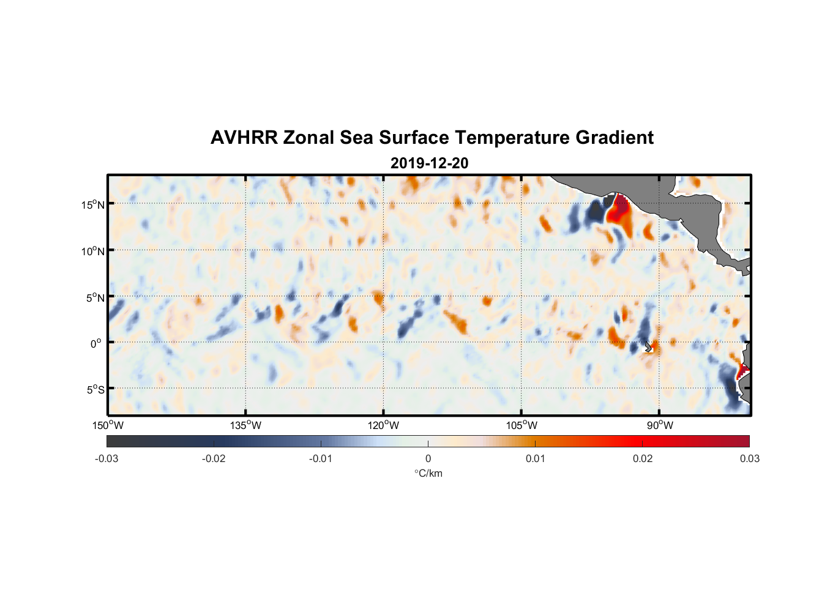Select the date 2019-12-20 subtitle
click(429, 163)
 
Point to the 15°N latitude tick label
click(93, 204)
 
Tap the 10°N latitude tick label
click(93, 251)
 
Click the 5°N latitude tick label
click(95, 297)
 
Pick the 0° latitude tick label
click(96, 343)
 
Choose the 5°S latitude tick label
click(95, 390)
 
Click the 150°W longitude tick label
click(108, 425)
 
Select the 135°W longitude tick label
click(246, 425)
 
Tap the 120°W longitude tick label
click(384, 425)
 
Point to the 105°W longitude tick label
click(522, 425)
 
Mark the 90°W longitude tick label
click(660, 425)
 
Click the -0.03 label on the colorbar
click(107, 458)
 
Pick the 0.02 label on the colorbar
click(643, 458)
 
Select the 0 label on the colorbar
click(428, 458)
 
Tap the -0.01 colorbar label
click(321, 458)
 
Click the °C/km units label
click(428, 473)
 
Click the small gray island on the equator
click(648, 347)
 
